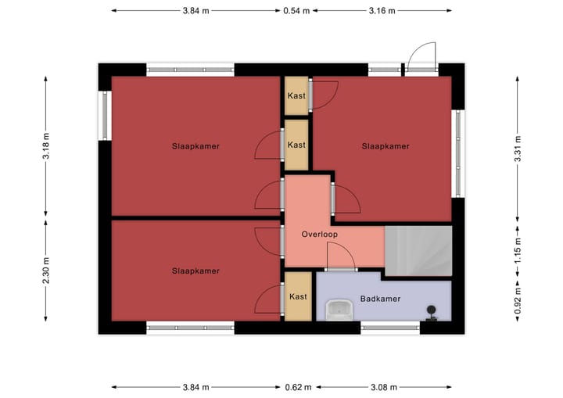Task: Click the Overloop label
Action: pos(320,234)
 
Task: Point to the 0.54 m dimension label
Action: pos(296,11)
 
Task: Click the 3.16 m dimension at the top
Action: pos(382,11)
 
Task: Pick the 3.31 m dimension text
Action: pos(517,149)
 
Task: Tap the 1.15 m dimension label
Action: pos(517,249)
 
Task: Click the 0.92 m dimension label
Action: pos(517,299)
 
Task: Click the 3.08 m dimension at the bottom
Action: pos(382,387)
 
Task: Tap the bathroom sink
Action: pos(340,310)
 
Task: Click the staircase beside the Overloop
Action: pos(419,249)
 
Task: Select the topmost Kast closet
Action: pos(296,96)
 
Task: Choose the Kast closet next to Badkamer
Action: pos(297,296)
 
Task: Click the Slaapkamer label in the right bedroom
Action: pos(385,146)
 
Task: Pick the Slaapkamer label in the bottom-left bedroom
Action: pos(195,271)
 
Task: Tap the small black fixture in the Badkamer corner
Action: pos(431,312)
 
